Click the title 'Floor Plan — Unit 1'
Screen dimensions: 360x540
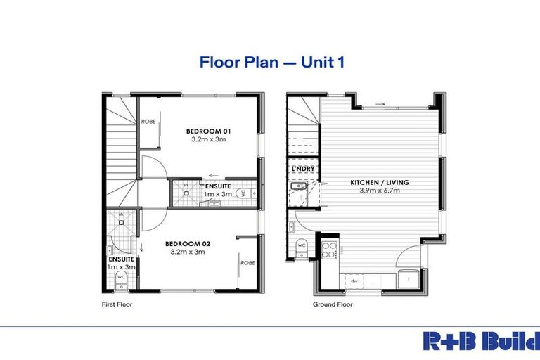click(x=271, y=62)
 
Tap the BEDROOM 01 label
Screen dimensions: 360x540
click(x=209, y=131)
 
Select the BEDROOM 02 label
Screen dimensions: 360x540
click(x=188, y=243)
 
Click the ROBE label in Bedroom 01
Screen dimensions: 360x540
click(x=148, y=122)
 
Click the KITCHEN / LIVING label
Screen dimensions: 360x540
click(x=380, y=183)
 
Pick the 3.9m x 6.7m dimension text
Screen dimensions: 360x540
click(x=380, y=191)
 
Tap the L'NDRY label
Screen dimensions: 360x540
click(x=302, y=170)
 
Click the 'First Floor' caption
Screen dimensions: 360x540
click(x=117, y=305)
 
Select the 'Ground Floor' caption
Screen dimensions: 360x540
click(x=333, y=305)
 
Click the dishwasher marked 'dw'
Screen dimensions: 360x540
click(x=352, y=281)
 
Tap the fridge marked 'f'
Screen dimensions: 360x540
click(x=409, y=278)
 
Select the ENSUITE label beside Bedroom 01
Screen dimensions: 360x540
click(x=217, y=186)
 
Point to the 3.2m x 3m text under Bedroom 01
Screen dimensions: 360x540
click(x=209, y=139)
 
